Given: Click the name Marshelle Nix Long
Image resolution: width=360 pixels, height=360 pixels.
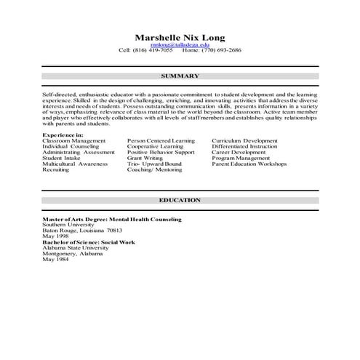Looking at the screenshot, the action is pos(180,37).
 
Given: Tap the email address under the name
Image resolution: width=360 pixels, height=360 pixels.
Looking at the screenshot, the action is pos(180,45).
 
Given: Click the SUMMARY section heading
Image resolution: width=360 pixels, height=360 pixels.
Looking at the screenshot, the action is pos(180,75).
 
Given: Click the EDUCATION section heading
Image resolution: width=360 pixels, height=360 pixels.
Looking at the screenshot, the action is pos(180,199).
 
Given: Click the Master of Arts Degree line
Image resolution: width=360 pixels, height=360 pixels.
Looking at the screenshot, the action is pos(111,218).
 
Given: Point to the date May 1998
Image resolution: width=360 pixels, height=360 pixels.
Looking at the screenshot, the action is pos(55,236).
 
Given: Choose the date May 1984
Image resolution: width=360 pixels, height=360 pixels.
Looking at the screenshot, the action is pos(55,259).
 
